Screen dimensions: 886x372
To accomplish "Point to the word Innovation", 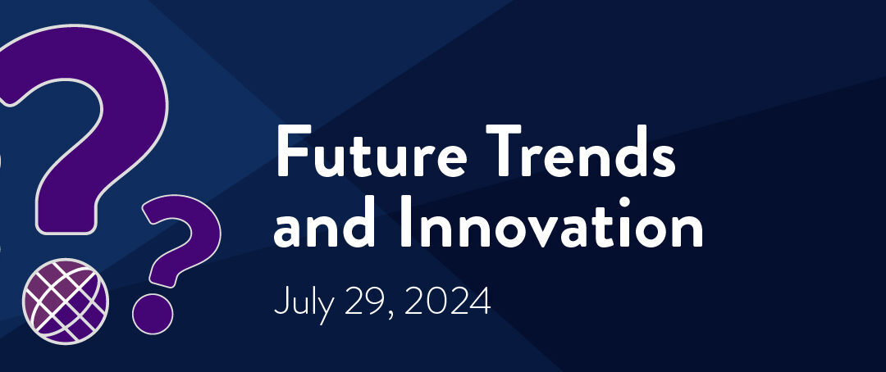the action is (x=552, y=222).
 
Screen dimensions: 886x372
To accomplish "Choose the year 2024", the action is (x=447, y=302).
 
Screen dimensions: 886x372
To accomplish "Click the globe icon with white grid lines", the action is (x=66, y=301).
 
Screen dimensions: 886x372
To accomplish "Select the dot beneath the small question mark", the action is (x=153, y=314).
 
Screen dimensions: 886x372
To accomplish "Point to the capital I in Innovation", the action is (x=406, y=222).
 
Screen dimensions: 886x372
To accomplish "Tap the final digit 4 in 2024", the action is (x=479, y=302).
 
